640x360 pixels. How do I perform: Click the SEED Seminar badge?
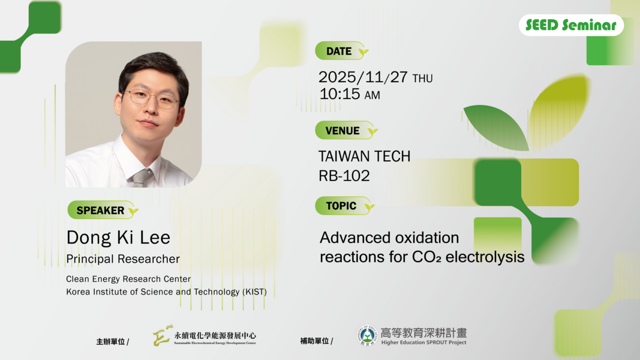[571, 25]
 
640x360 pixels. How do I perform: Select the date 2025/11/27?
[363, 77]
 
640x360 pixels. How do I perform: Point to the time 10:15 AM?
[350, 94]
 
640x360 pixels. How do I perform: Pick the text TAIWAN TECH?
[364, 157]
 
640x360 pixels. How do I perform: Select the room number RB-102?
[344, 176]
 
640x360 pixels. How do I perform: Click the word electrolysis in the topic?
[486, 257]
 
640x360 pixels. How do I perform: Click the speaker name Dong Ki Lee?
[118, 238]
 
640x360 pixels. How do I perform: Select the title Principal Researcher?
[123, 259]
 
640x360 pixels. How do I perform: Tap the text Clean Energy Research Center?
[128, 279]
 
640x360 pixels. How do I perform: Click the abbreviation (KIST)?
[254, 292]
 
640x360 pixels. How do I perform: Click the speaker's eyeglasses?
[152, 98]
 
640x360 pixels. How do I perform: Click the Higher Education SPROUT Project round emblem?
[367, 336]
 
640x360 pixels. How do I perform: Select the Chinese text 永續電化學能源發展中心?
[214, 334]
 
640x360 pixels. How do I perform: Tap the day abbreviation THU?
[422, 79]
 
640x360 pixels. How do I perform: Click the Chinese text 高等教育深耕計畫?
[423, 332]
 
